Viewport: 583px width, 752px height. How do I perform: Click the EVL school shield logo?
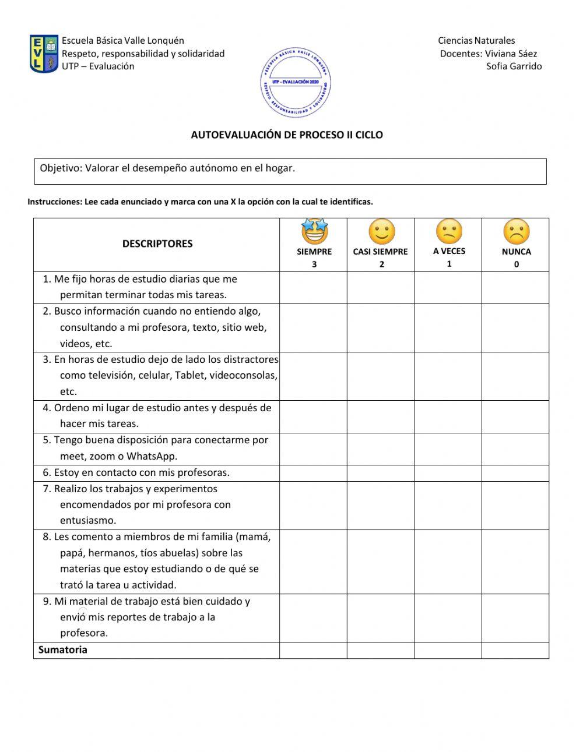44,54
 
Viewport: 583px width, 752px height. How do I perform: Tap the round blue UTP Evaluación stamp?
296,83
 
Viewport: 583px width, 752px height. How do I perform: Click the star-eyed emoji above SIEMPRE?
314,232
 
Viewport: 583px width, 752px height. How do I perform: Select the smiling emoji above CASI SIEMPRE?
381,232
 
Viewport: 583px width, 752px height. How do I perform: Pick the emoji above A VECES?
449,232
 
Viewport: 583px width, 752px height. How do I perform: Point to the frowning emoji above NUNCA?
516,232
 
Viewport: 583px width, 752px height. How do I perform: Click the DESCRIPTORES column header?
157,243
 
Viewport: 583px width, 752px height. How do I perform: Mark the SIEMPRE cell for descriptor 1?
313,287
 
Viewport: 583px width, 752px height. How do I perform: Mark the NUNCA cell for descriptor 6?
515,473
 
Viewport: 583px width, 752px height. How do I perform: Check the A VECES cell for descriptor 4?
448,416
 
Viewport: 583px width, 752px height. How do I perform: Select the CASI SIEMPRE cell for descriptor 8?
381,561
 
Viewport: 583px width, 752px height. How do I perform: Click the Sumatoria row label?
63,650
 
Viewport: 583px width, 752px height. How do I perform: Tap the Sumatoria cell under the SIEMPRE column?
313,650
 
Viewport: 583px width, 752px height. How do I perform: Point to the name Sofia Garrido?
514,66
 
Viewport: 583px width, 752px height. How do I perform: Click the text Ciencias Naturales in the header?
476,41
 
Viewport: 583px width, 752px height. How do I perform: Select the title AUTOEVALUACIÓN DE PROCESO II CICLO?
287,135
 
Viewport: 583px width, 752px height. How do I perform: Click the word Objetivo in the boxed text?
59,168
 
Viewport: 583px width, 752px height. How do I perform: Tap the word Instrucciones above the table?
54,202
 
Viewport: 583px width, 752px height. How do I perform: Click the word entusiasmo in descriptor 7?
88,520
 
